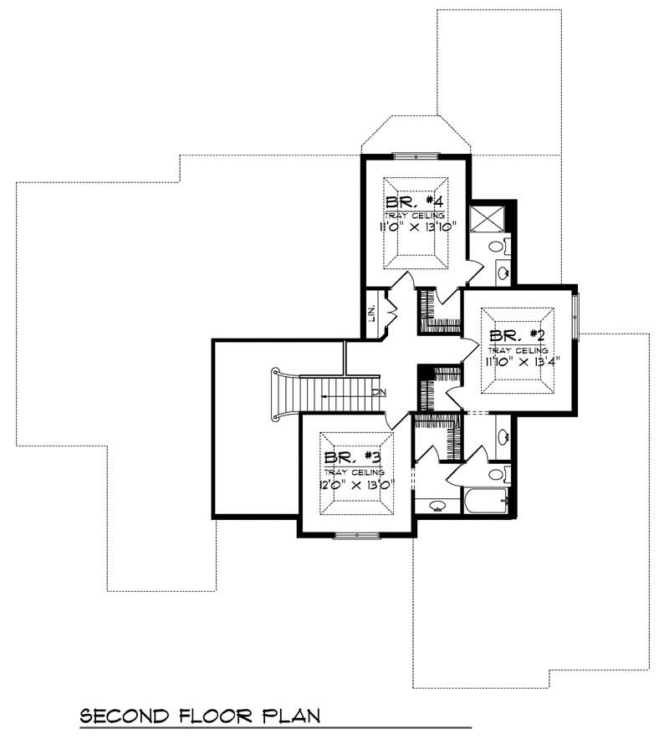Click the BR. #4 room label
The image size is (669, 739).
tap(414, 202)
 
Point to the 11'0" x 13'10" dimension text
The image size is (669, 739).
tap(414, 226)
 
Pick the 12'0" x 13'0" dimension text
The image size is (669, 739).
tap(355, 483)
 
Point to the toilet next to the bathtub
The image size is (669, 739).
tap(496, 475)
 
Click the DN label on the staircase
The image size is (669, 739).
tap(379, 391)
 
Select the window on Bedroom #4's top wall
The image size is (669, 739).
tap(416, 155)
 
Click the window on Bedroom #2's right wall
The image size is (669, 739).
tap(577, 313)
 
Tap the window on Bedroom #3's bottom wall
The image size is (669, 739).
tap(355, 534)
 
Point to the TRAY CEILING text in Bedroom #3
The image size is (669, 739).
tap(355, 471)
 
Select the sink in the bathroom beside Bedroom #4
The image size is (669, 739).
tap(504, 272)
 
